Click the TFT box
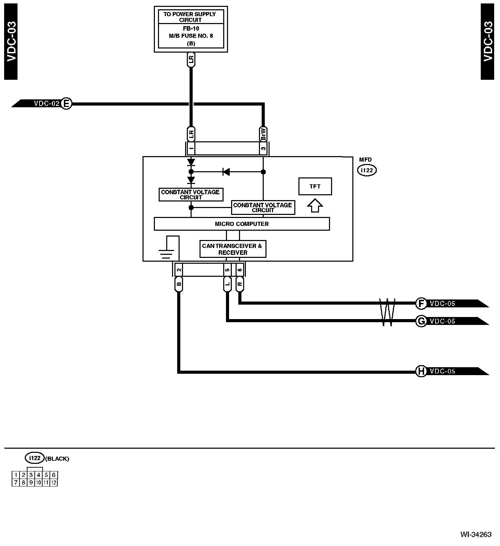point(315,186)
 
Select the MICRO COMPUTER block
point(242,224)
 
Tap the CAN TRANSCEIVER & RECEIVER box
point(233,249)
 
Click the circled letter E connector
point(66,103)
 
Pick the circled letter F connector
point(421,304)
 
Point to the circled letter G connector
point(421,321)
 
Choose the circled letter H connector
point(421,371)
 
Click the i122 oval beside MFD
point(367,170)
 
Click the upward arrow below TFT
point(315,206)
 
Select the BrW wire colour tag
point(263,134)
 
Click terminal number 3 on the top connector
point(263,149)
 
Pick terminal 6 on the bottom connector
point(240,270)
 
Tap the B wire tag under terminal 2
point(179,284)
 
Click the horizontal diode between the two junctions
point(226,172)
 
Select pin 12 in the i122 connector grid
point(54,482)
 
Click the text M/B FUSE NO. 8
point(191,36)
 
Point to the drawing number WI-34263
point(476,534)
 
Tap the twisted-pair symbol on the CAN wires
point(387,312)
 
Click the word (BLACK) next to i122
point(57,459)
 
